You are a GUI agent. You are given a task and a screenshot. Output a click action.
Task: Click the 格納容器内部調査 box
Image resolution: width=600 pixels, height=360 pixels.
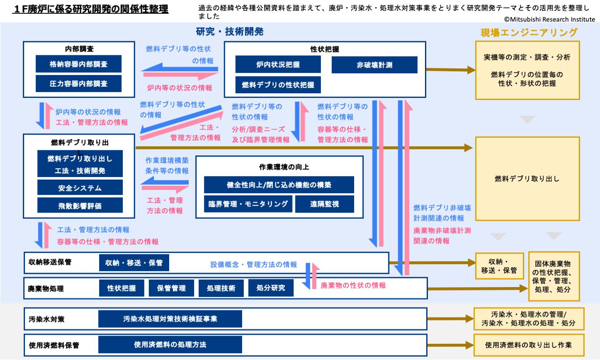coord(79,64)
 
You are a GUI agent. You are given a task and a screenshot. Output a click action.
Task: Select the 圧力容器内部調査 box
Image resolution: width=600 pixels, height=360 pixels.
coord(79,84)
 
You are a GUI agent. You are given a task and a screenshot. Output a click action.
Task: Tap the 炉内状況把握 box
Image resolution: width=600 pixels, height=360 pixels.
coord(278,65)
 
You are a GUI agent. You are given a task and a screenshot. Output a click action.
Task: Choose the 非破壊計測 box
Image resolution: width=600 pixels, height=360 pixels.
coord(374,65)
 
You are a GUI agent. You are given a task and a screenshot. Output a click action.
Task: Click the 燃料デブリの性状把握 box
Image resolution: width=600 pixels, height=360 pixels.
coord(278,85)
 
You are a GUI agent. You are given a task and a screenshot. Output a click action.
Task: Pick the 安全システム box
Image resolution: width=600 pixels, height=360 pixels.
coord(80,188)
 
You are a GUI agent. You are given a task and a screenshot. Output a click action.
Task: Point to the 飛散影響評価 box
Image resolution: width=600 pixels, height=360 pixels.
coord(80,206)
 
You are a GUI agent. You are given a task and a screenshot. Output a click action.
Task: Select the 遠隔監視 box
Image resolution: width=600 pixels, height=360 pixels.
coord(325,204)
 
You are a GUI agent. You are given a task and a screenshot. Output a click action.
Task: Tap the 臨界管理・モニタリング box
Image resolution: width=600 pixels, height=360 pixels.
coord(248,204)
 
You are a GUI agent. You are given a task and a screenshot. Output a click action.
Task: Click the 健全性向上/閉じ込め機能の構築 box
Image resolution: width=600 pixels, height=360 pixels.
coord(279,185)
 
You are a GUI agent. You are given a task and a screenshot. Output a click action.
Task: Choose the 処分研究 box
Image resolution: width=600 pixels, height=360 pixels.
coord(271,288)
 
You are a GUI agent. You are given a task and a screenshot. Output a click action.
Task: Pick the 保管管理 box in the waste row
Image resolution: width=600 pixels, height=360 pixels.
coord(171,288)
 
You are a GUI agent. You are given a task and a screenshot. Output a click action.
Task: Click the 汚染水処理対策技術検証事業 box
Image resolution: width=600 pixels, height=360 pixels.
coord(170,319)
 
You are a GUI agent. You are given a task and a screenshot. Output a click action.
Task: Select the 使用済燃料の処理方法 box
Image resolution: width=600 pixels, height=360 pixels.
coord(170,345)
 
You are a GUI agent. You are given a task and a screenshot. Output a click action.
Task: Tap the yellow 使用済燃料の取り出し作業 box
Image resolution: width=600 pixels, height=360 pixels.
coord(528,345)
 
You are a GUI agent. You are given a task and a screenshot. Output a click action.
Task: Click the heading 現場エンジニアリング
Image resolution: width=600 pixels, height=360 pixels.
coord(529,32)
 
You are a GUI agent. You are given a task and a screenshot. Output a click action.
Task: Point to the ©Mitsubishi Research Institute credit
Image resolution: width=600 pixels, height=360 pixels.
coord(549,19)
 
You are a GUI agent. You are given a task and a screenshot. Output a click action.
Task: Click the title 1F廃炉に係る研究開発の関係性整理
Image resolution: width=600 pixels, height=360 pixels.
coord(91,9)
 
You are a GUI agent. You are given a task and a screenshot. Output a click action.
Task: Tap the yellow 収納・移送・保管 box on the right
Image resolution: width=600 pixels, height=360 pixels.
coord(499,266)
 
